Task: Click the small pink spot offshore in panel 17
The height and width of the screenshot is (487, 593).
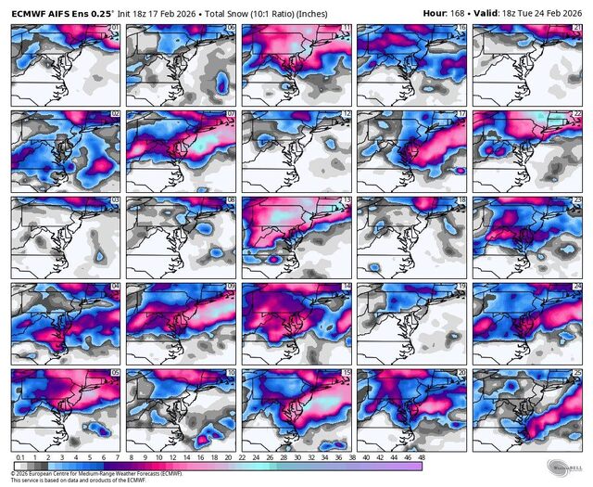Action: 457,170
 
